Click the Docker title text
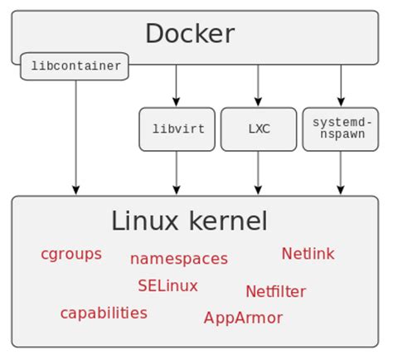tap(190, 34)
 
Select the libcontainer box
tap(75, 66)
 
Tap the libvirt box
tap(177, 129)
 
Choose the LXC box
tap(258, 129)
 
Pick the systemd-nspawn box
tap(340, 129)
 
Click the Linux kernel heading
tap(189, 221)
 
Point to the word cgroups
tap(71, 254)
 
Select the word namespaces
tap(178, 259)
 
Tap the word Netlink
tap(308, 254)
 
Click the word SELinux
tap(167, 285)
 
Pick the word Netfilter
tap(275, 291)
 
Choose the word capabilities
tap(104, 313)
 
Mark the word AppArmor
tap(243, 318)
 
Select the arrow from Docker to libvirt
tap(177, 85)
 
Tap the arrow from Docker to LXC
tap(258, 85)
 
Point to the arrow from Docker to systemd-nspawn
tap(340, 85)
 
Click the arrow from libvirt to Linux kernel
tap(177, 173)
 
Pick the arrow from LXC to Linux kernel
tap(258, 173)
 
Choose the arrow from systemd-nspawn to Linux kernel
tap(340, 173)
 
